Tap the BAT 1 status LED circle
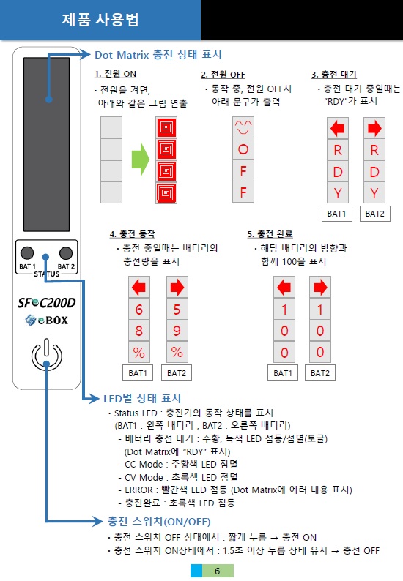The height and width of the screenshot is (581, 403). pos(27,253)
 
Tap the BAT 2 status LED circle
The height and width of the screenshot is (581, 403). pos(66,253)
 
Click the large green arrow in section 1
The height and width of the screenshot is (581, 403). pos(140,160)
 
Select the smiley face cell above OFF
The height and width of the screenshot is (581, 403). pos(243,128)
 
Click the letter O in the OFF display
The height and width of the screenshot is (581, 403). pos(243,149)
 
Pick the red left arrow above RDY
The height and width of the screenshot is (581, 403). pos(337,129)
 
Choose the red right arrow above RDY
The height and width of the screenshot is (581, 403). pos(374,129)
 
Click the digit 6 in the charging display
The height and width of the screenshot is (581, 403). pos(138,310)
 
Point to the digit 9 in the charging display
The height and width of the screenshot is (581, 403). pos(177,331)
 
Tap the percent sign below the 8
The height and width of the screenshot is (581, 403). pos(138,352)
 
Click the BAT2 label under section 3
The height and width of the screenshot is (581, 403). pos(375,214)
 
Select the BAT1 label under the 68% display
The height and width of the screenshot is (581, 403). pos(138,372)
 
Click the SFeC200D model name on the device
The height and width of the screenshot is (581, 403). pos(46,303)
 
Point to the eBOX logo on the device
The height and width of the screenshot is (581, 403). pos(47,321)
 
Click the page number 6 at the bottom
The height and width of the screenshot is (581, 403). pos(218,571)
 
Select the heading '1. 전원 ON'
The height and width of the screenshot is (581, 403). pos(116,74)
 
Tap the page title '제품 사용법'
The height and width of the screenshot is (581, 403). pos(100,20)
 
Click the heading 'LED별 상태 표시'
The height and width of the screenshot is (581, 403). pos(142,399)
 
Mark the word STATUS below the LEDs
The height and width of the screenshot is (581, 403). pos(46,274)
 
